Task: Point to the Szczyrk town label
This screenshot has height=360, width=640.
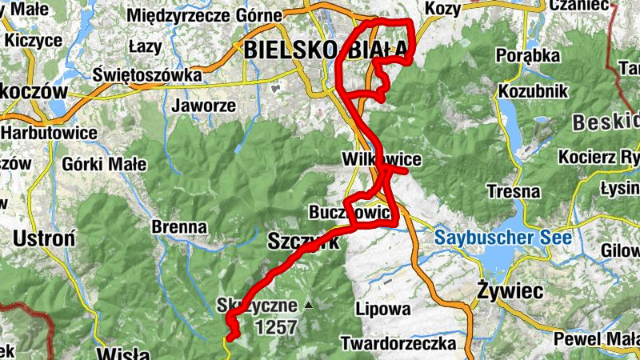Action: (303, 241)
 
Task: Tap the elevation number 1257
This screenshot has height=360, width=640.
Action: (276, 326)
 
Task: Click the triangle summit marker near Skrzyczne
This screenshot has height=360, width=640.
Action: (308, 305)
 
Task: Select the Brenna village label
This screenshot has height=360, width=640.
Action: (179, 226)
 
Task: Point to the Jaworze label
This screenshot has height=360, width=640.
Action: (204, 106)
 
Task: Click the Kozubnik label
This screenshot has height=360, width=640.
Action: (533, 91)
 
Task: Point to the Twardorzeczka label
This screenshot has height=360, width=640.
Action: (398, 344)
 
